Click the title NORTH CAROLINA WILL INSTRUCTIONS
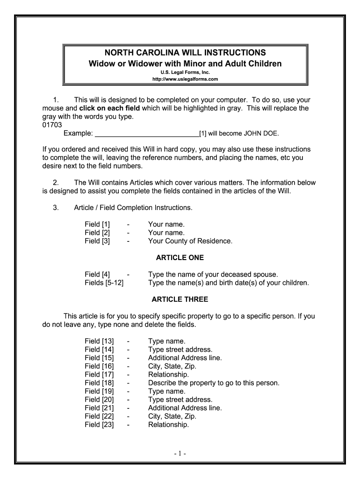point(186,52)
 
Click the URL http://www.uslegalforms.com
point(186,80)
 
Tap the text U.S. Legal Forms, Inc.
point(186,73)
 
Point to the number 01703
point(52,125)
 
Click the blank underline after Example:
point(147,134)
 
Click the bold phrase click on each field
point(109,109)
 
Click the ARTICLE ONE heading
point(180,258)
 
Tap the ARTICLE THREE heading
point(180,299)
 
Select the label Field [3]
point(97,241)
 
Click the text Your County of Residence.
point(190,241)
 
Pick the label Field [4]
point(97,275)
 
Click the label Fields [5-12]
point(104,283)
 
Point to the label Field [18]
point(99,383)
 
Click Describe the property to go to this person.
point(213,383)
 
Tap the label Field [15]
point(99,358)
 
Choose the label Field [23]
point(99,425)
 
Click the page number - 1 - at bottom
point(180,454)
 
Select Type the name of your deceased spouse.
point(213,275)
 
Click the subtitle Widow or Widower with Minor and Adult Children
point(186,63)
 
